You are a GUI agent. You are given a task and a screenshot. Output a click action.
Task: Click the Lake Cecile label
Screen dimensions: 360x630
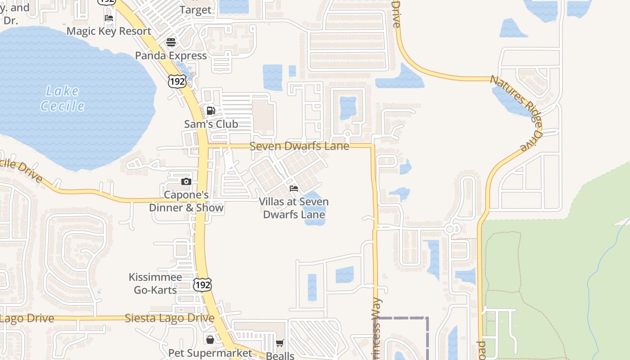63,99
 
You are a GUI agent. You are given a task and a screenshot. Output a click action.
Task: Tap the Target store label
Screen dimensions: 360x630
195,9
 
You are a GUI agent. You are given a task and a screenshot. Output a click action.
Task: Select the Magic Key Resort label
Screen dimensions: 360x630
109,31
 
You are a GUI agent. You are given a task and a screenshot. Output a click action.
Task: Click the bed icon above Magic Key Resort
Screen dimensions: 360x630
109,18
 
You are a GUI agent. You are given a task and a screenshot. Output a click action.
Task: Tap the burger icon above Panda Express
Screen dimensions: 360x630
171,42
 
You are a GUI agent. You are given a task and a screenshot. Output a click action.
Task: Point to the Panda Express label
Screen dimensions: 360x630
171,55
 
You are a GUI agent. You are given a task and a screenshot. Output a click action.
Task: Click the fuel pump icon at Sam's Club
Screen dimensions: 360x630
211,111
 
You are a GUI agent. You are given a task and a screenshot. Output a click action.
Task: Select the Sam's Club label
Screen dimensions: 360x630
211,124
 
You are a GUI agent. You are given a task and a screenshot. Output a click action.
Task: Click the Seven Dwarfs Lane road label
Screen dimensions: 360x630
299,146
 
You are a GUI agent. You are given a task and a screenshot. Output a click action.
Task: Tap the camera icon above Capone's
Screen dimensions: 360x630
186,182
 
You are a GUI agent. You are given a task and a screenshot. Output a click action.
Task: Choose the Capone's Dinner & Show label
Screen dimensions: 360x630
186,201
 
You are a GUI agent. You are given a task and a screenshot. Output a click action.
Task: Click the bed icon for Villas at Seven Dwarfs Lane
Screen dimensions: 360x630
294,188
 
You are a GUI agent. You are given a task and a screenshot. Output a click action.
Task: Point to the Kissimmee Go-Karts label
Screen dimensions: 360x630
155,283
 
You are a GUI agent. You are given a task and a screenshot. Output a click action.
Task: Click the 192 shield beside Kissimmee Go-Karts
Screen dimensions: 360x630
202,284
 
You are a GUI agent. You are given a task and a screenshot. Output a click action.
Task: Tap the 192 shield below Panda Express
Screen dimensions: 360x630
177,81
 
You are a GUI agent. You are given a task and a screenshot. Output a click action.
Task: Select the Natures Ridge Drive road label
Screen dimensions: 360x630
517,112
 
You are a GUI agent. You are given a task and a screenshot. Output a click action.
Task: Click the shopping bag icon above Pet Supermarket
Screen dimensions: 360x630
210,339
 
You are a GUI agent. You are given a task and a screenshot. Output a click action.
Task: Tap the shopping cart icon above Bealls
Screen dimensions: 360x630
280,343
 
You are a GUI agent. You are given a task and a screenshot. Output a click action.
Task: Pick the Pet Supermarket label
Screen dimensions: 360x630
210,353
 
